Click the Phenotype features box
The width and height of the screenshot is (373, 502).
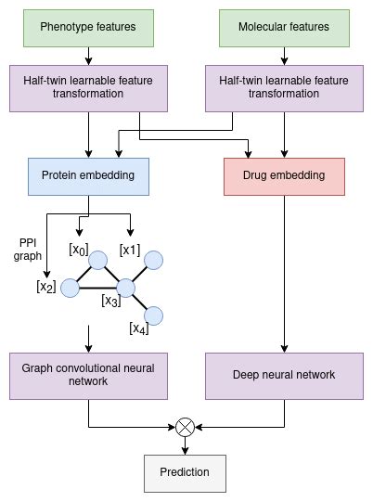coord(88,27)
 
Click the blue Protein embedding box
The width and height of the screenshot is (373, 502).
coord(88,174)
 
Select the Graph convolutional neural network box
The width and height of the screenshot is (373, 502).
coord(88,375)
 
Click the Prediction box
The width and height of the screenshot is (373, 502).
coord(186,472)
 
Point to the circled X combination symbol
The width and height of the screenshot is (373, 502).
coord(186,427)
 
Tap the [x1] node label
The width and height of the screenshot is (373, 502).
coord(130,250)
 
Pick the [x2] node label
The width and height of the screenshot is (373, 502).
coord(45,287)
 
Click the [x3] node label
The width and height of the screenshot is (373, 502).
coord(111,301)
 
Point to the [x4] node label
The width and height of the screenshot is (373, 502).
coord(138,328)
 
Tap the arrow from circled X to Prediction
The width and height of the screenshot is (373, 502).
coord(186,444)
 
